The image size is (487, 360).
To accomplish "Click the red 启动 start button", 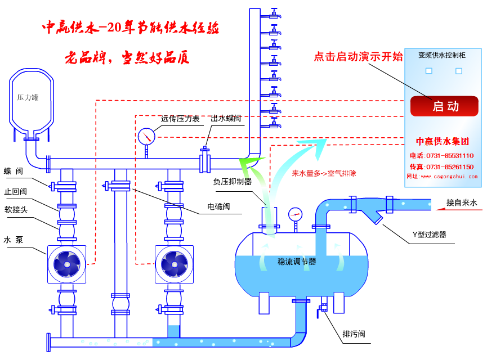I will point(444,106).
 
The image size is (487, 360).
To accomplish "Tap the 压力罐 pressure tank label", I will point(28,97).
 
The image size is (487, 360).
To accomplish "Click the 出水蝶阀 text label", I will point(226,119).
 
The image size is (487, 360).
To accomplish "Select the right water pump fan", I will point(175,263).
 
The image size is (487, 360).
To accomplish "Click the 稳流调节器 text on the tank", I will point(297,262).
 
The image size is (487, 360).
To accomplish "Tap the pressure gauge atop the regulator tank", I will point(295,214).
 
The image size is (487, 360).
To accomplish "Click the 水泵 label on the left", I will point(13,240).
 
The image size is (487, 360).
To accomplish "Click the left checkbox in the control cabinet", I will point(429,71).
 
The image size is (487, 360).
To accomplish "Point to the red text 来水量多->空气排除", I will point(324,173).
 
